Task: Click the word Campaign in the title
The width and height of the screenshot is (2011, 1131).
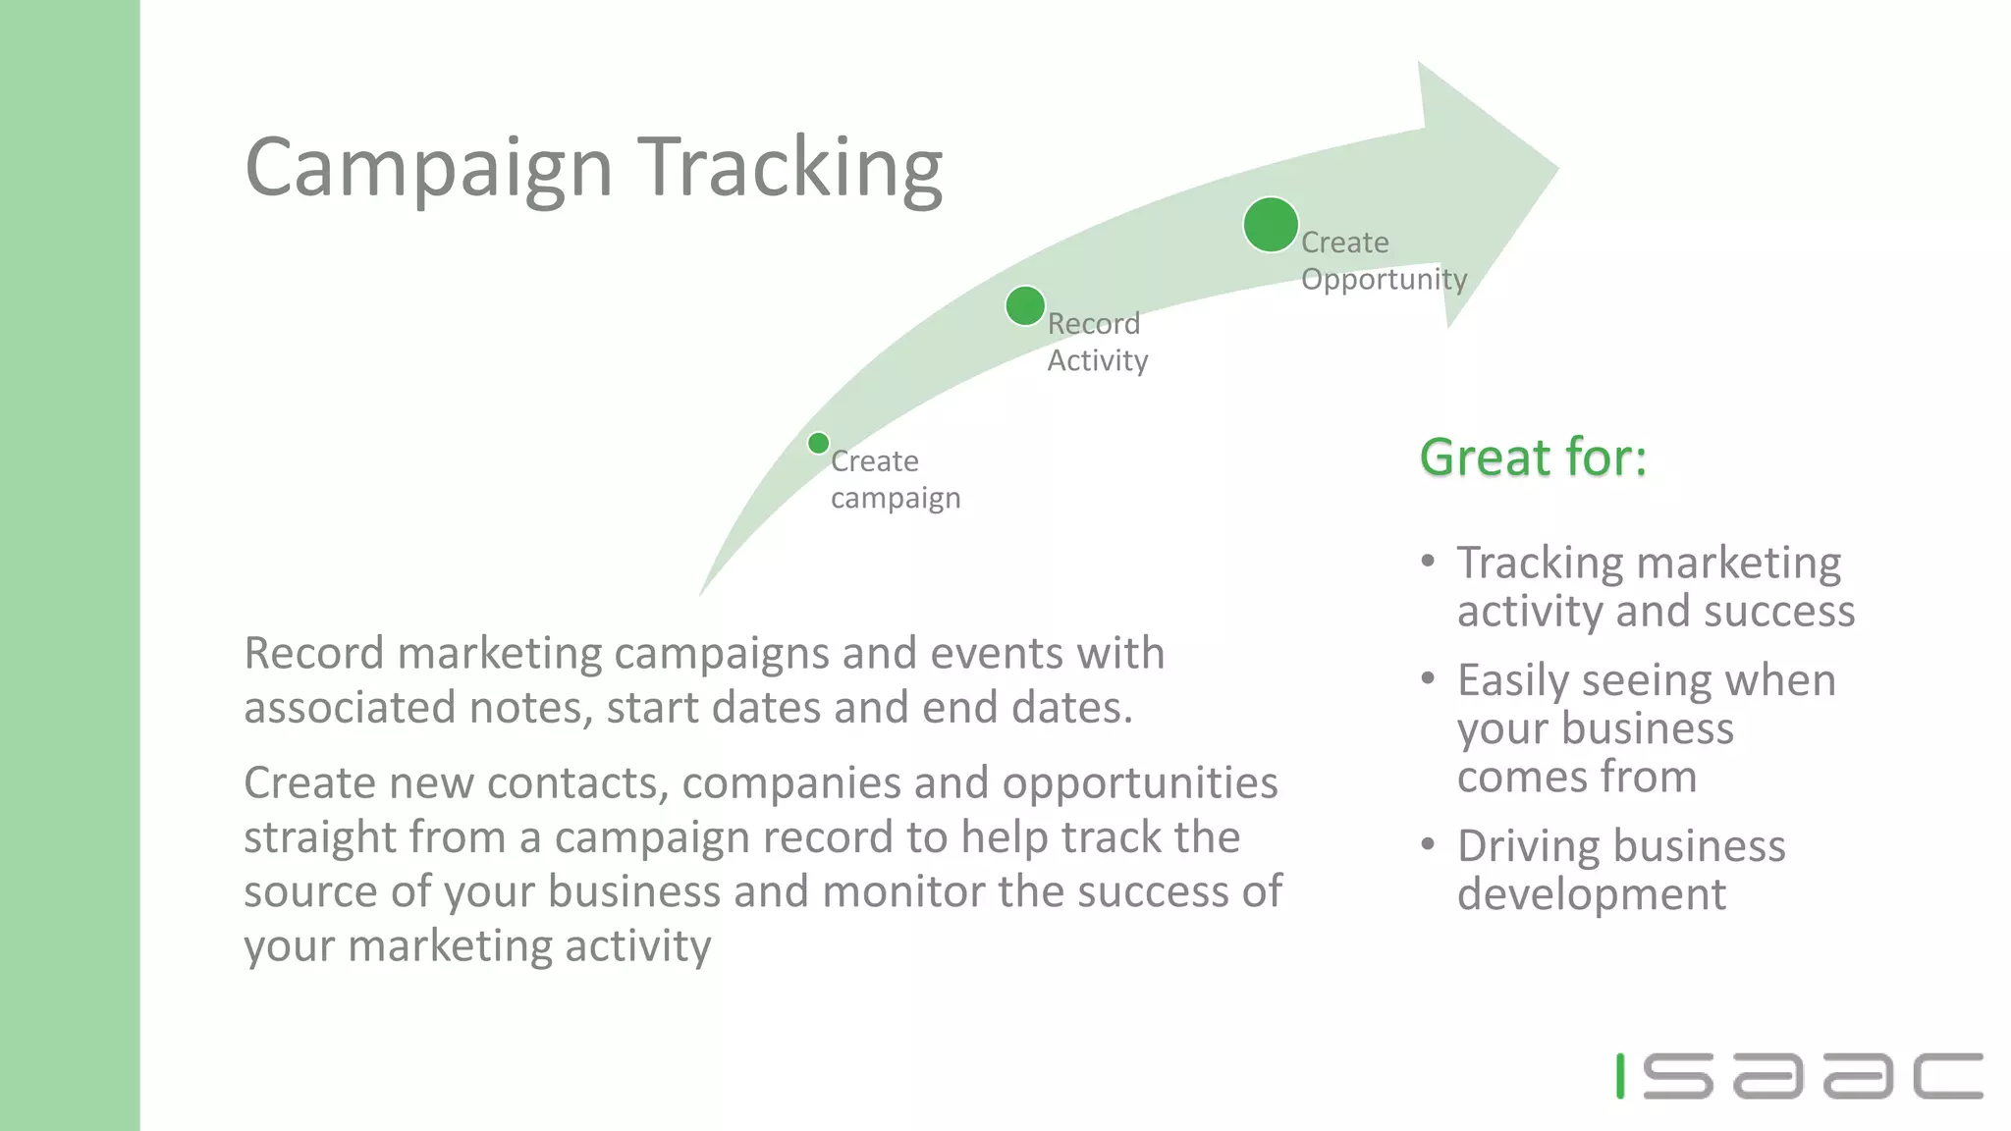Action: pos(429,169)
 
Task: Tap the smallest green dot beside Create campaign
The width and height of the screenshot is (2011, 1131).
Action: pos(818,443)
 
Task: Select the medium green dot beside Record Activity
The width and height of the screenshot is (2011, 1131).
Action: pos(1025,306)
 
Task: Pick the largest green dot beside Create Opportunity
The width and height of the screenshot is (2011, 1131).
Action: pos(1271,225)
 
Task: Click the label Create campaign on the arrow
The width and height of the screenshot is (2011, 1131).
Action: pos(895,479)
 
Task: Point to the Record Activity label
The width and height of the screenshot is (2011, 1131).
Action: pos(1097,342)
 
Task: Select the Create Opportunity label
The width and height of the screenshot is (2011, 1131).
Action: pos(1383,260)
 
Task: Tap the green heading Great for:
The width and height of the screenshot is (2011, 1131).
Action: pos(1533,458)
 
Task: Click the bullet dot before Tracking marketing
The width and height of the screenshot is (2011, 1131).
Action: pos(1429,562)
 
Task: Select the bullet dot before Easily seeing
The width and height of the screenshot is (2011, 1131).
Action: pos(1429,678)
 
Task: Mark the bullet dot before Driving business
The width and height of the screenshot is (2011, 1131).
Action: pos(1429,844)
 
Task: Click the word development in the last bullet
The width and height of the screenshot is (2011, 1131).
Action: pos(1591,894)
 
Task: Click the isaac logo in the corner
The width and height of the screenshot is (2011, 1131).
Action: pos(1799,1076)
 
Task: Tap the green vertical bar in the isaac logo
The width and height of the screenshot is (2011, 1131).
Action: pos(1621,1076)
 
